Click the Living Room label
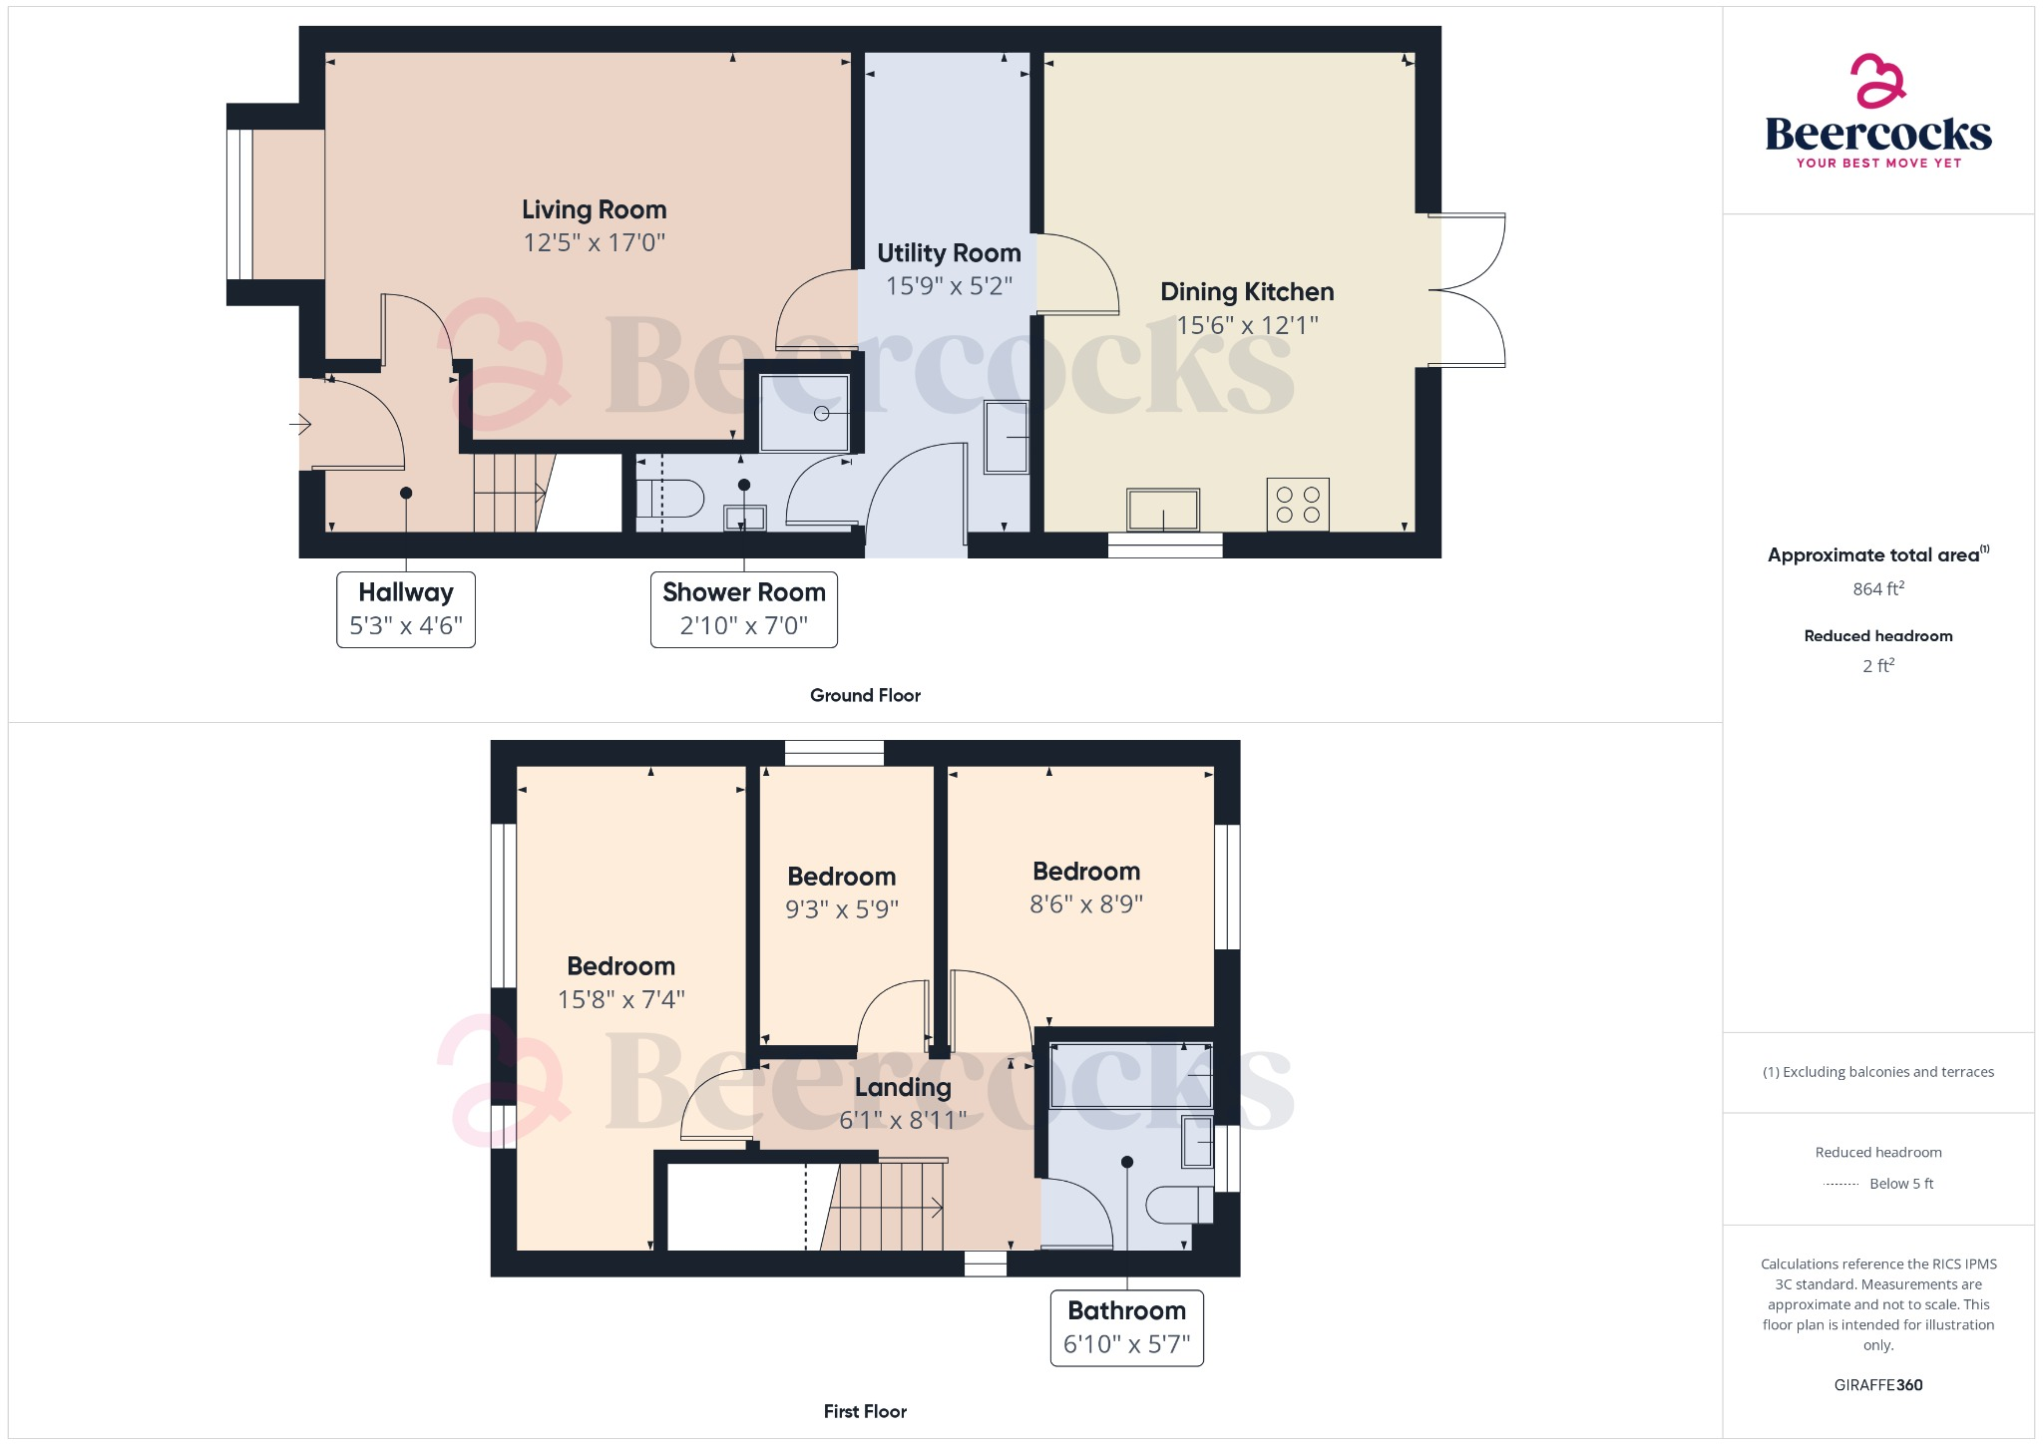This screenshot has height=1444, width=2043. (x=594, y=210)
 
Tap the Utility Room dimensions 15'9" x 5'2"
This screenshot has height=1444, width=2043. (x=949, y=286)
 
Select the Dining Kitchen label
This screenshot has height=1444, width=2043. (x=1247, y=292)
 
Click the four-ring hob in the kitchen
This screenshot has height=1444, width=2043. (x=1298, y=505)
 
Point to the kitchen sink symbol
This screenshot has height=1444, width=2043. (x=1163, y=510)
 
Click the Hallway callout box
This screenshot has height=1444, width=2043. (x=406, y=609)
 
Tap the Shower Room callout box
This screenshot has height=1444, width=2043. (x=743, y=609)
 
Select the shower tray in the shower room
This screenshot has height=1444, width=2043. (x=804, y=413)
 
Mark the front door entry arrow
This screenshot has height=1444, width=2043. (x=300, y=425)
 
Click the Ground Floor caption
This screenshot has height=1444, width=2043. (x=865, y=695)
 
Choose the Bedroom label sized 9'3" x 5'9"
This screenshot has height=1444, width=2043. (x=841, y=877)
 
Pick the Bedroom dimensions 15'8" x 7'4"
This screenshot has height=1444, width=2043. (x=620, y=999)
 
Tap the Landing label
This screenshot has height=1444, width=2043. (x=903, y=1087)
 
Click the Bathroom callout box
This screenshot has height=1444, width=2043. (x=1126, y=1327)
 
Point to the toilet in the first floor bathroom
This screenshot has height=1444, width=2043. (x=1178, y=1205)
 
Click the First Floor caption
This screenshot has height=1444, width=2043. (x=865, y=1411)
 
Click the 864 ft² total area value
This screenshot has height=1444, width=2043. (x=1877, y=589)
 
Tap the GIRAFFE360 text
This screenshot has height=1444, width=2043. (x=1877, y=1385)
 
